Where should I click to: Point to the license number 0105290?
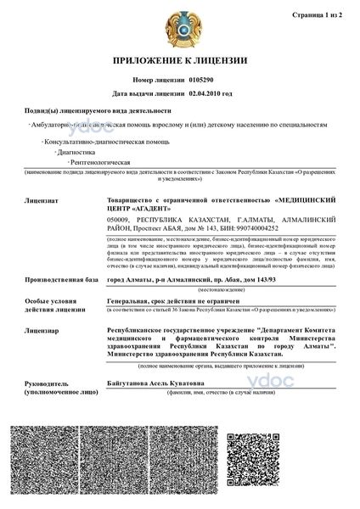tap(200, 79)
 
